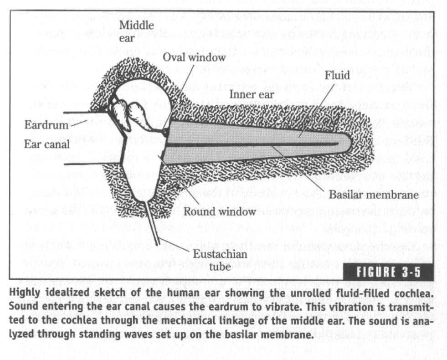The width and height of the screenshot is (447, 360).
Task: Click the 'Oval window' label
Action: point(194,57)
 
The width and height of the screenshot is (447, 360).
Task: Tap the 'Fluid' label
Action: point(337,75)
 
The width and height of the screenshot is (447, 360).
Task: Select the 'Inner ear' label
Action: point(252,95)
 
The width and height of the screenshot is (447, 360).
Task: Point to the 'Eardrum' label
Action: point(46,125)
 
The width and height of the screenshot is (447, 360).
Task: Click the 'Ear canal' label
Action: point(47,144)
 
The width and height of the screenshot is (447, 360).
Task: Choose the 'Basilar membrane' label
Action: point(374,195)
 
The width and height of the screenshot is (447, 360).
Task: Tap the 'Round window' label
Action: point(220,211)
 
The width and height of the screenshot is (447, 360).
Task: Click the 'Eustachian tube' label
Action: point(220,260)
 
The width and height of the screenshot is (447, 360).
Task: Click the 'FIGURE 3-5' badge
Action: point(389,272)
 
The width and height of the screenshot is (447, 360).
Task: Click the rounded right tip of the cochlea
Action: point(350,143)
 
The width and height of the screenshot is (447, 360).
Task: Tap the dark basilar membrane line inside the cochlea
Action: point(254,144)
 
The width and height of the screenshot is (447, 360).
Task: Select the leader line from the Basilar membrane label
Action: point(298,168)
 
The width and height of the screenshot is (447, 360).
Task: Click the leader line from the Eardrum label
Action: point(79,123)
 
